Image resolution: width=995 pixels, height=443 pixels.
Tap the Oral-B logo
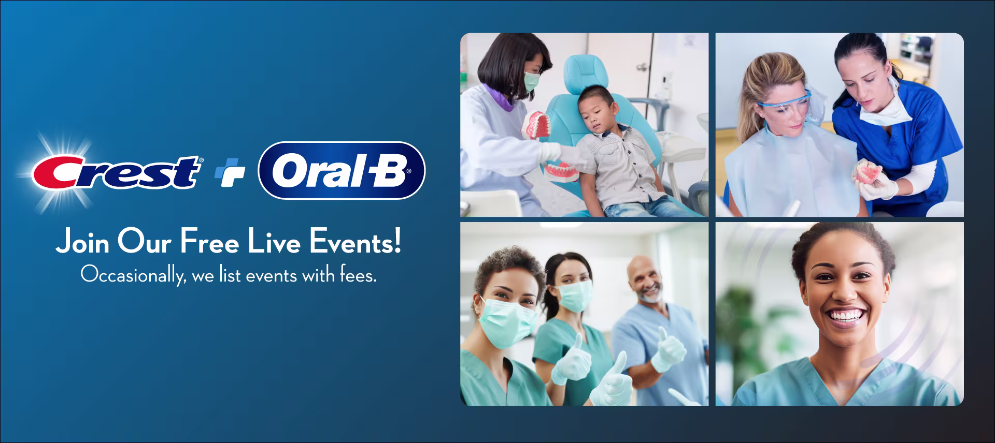(342, 170)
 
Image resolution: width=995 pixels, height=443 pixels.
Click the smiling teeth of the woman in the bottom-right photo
(844, 315)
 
